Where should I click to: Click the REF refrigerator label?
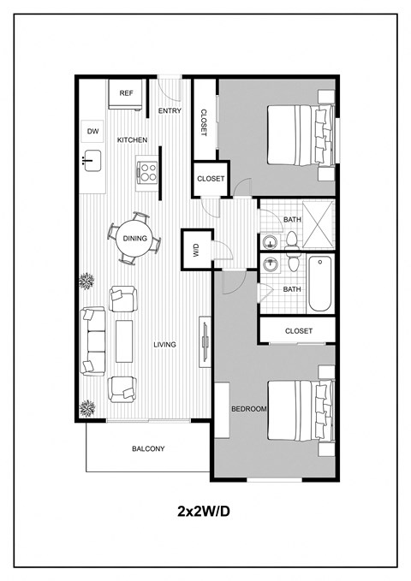[126, 93]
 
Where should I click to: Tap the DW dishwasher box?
[92, 131]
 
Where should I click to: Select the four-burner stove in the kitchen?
[148, 171]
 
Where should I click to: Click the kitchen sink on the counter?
[92, 159]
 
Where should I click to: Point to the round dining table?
[134, 239]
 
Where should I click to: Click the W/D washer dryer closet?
[195, 251]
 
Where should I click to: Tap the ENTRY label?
[170, 110]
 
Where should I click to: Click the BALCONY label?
[148, 448]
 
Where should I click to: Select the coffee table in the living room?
[125, 341]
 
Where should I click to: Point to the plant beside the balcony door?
[86, 407]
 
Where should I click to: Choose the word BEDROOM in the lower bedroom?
[249, 409]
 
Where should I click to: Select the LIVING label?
[164, 345]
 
